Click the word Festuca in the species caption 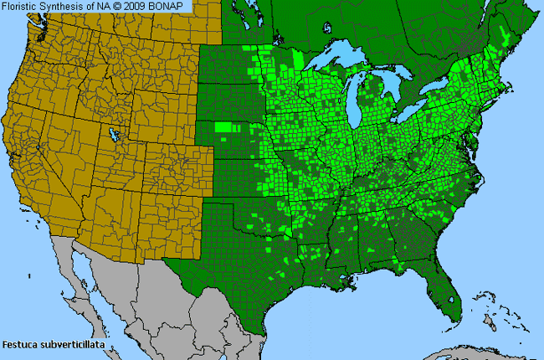[x=20, y=343]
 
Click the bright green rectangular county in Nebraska [x=223, y=127]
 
